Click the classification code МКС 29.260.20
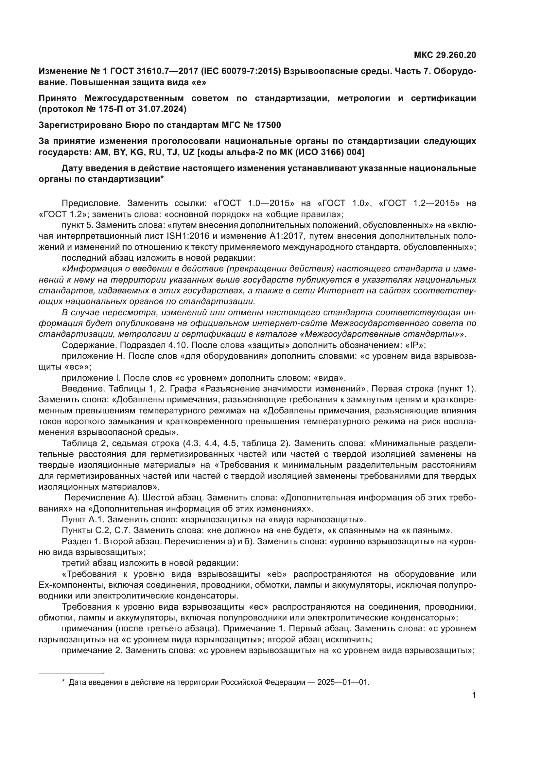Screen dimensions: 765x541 coord(445,55)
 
